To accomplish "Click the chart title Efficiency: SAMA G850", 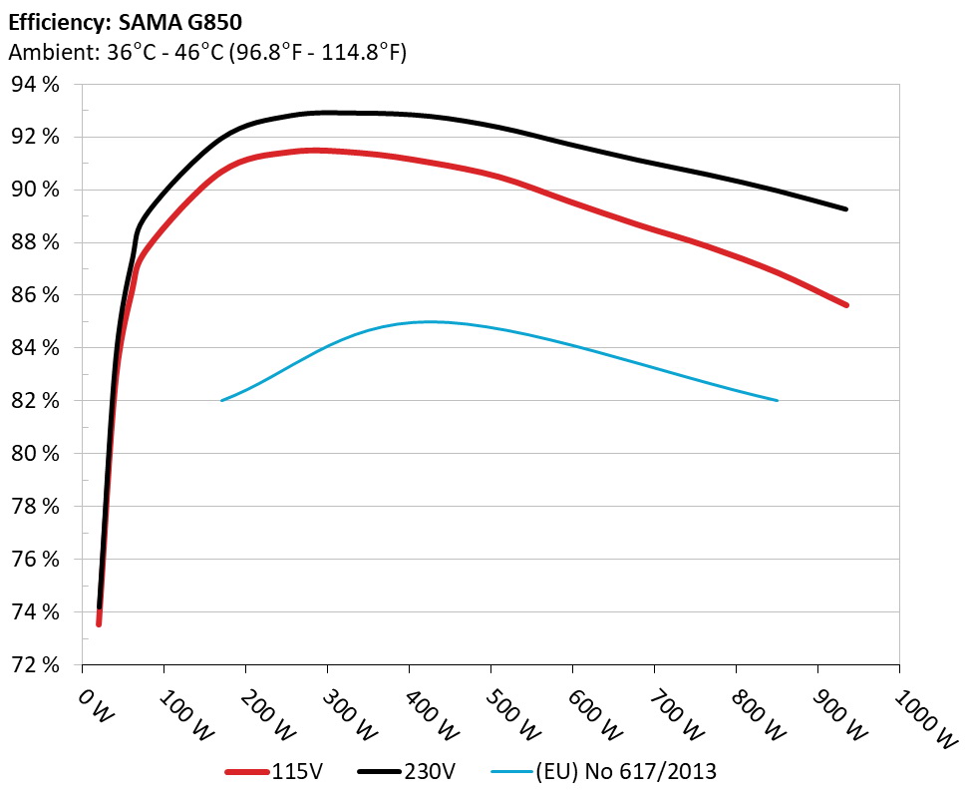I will tap(125, 21).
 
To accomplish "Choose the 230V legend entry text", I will tap(432, 770).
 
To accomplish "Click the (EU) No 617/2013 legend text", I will tap(627, 770).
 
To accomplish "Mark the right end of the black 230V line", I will tap(846, 208).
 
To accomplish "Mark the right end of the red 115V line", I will tap(846, 305).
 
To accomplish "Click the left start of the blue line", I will tap(221, 400).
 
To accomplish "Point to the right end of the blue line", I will tap(777, 400).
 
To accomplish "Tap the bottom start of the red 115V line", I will tap(99, 624).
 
